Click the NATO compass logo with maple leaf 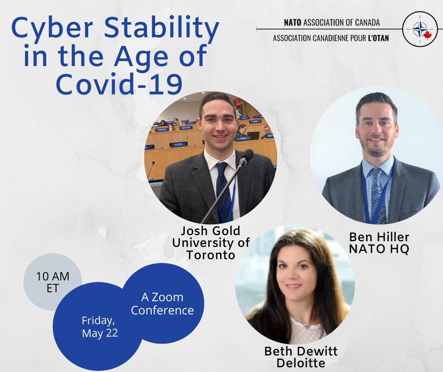click(420, 29)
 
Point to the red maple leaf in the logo click(427, 35)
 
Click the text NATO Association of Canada click(332, 23)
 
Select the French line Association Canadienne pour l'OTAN click(331, 38)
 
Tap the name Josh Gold click(211, 231)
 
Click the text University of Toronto click(211, 249)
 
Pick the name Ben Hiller click(379, 237)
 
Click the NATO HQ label click(379, 249)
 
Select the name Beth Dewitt click(301, 351)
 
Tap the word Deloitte click(301, 363)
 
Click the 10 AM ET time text click(53, 282)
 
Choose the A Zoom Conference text click(163, 304)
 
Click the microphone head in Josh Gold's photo click(246, 157)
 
